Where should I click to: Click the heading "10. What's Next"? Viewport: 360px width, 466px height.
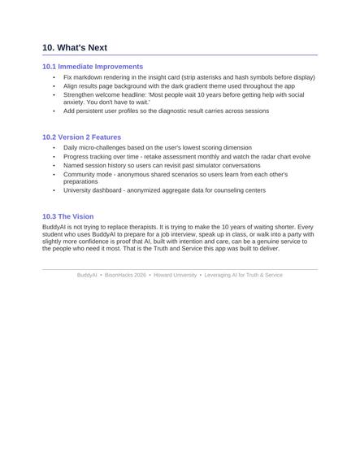pos(75,48)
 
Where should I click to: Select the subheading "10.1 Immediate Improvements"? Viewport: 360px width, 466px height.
pos(93,67)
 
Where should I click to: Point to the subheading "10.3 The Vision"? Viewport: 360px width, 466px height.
pos(67,216)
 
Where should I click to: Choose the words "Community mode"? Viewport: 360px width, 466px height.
pos(87,174)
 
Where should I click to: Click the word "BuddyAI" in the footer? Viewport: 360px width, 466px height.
pos(87,276)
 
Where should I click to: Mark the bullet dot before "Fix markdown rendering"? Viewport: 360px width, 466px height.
pos(54,77)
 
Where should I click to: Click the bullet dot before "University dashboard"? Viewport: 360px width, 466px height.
pos(54,190)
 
